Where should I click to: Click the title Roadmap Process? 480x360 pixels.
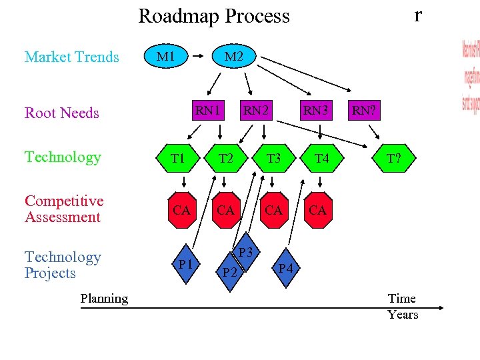[x=214, y=16]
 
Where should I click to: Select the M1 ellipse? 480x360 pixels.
[x=165, y=57]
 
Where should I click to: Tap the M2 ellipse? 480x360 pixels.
[x=233, y=57]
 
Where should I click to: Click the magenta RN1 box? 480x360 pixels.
[x=208, y=110]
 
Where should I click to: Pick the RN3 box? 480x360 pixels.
[x=317, y=110]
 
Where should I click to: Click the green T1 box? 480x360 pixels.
[x=177, y=158]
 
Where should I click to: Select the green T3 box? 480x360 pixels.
[x=273, y=158]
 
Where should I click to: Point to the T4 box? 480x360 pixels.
[x=321, y=158]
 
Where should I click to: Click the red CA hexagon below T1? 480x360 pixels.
[x=181, y=211]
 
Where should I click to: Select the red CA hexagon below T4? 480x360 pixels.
[x=317, y=211]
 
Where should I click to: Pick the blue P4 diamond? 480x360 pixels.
[x=285, y=268]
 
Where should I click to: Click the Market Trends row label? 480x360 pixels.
[x=71, y=57]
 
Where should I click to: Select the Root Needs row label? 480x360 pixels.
[x=61, y=113]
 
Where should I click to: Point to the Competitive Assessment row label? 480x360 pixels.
[x=63, y=209]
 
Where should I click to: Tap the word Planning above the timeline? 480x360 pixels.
[x=104, y=298]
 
